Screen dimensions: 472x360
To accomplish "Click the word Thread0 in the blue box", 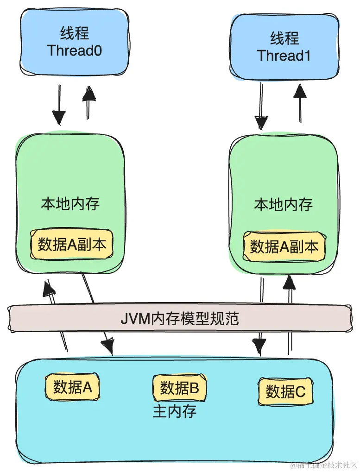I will [74, 50].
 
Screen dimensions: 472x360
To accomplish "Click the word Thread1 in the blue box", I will [284, 56].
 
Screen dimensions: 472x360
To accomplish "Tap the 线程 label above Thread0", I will [74, 33].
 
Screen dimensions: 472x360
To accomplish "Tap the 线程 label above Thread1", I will [284, 38].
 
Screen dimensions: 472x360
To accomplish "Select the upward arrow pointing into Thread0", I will [88, 102].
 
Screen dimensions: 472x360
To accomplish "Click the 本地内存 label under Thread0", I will [70, 204].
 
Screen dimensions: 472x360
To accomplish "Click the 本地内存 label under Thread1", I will [283, 205].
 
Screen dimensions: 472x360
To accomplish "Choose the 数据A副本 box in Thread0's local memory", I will [72, 244].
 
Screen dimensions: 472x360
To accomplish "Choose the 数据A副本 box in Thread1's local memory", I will [284, 247].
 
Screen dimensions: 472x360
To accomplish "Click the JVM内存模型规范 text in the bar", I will [180, 319].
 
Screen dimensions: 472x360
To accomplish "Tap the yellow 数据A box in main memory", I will [72, 387].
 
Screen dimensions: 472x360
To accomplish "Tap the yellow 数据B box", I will [179, 388].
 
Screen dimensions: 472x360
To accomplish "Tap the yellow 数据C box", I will [285, 392].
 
